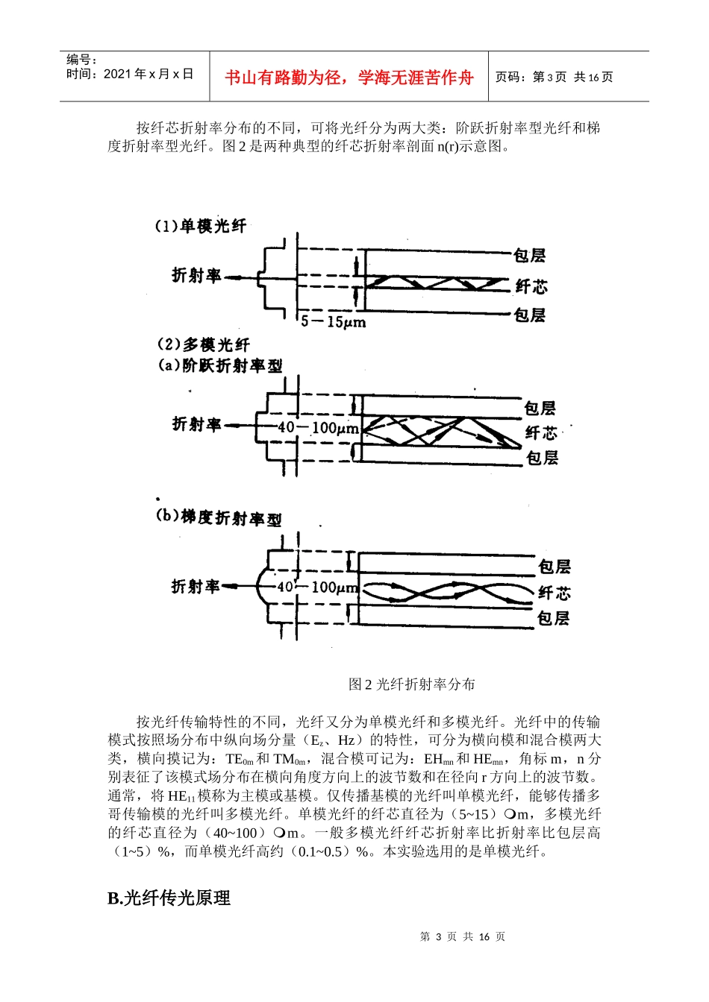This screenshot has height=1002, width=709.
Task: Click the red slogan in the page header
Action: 349,78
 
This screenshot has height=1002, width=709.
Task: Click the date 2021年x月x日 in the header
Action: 130,74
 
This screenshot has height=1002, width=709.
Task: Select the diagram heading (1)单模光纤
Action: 200,226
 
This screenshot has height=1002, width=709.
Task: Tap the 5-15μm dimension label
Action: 333,322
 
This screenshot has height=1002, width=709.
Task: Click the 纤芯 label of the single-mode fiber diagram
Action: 531,286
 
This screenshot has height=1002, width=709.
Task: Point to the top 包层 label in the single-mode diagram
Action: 530,256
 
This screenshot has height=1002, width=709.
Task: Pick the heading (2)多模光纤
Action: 203,344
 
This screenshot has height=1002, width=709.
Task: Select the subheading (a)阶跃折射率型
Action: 219,365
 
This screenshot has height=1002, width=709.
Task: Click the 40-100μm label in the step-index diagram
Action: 318,429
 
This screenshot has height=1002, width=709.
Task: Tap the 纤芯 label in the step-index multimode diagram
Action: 541,432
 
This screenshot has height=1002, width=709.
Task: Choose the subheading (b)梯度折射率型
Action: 218,517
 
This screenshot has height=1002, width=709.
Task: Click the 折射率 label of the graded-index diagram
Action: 196,587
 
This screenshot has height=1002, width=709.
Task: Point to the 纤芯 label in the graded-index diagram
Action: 555,593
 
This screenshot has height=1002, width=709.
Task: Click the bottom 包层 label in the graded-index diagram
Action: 553,618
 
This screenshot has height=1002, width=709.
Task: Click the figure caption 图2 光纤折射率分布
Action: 411,684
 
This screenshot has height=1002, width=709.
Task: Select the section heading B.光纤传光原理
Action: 169,898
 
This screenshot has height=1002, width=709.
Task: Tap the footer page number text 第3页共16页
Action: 462,936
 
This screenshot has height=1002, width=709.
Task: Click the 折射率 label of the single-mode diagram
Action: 196,276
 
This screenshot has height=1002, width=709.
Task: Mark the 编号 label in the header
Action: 81,60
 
